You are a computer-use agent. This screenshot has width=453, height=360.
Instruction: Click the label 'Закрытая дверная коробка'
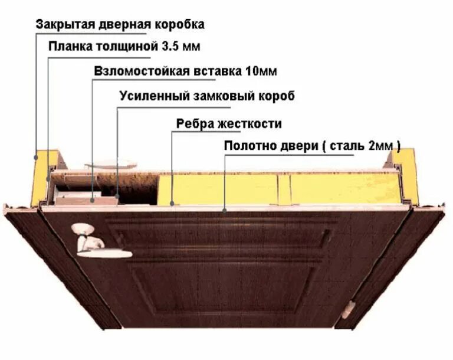point(120,24)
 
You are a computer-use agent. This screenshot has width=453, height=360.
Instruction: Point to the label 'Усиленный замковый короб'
point(206,96)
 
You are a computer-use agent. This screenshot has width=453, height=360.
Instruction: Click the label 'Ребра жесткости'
point(229,124)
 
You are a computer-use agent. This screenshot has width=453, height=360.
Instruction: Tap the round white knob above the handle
point(80,228)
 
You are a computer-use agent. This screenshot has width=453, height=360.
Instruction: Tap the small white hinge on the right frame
point(352,307)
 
